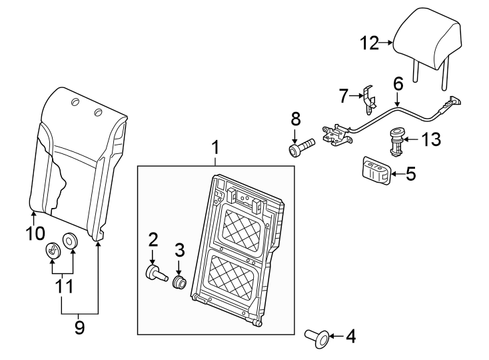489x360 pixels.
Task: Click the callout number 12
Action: point(370,44)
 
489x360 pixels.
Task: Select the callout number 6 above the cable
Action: point(398,84)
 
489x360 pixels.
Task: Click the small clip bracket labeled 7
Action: point(368,99)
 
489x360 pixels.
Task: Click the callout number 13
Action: point(432,140)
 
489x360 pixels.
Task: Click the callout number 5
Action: point(410,175)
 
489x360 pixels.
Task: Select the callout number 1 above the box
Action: point(215,145)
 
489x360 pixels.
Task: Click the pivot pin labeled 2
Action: point(154,273)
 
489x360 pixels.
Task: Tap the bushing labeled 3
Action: point(179,283)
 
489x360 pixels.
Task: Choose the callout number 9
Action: point(79,327)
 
